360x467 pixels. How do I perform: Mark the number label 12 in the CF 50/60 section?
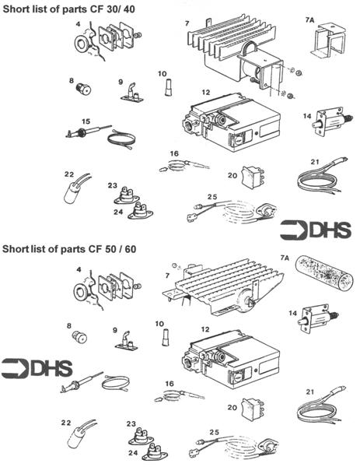(x=205, y=329)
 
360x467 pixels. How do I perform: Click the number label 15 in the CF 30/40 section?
(x=86, y=121)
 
